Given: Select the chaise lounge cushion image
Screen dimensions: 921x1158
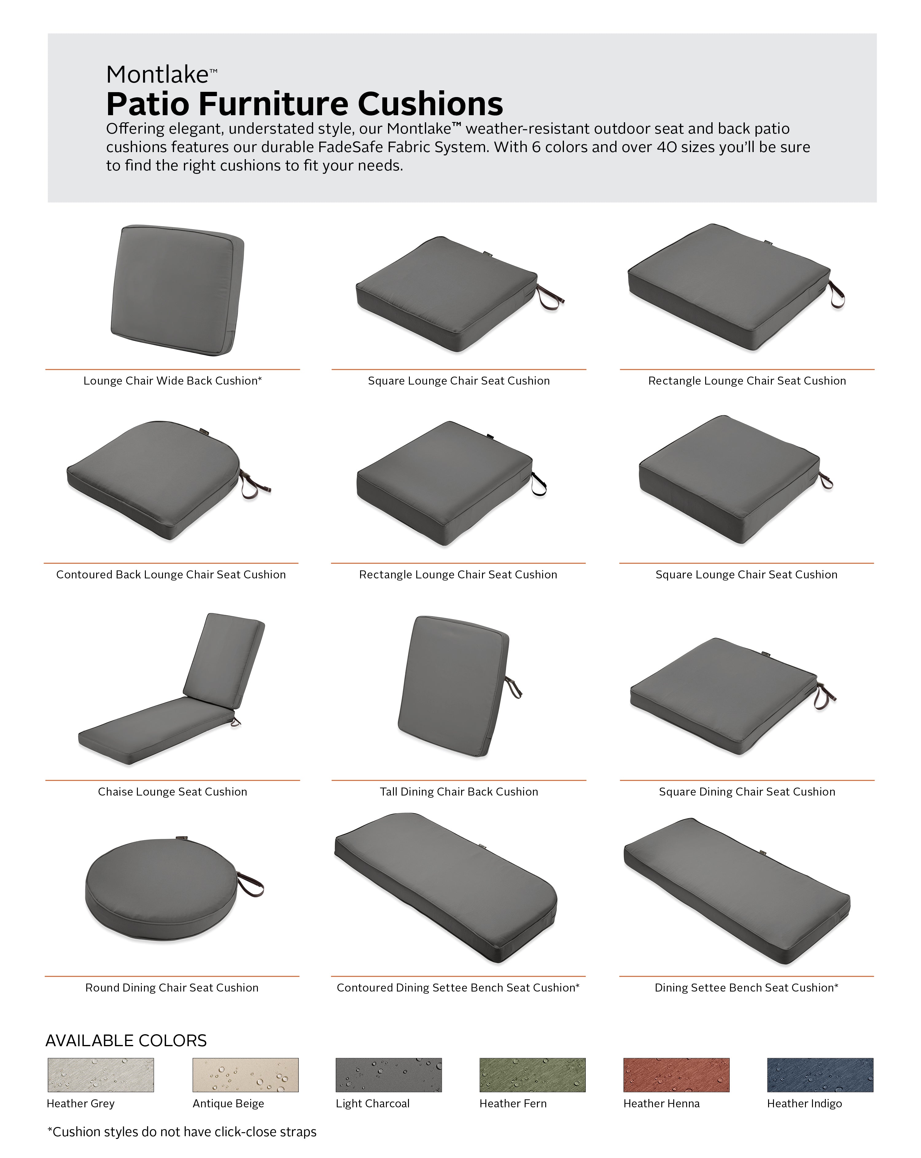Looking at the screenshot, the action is (x=172, y=689).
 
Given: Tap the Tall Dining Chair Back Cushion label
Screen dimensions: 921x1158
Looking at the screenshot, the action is (x=459, y=791).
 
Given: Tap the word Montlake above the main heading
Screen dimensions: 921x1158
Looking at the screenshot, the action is (x=157, y=75).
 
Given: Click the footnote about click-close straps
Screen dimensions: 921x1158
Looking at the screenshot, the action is (x=182, y=1132).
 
